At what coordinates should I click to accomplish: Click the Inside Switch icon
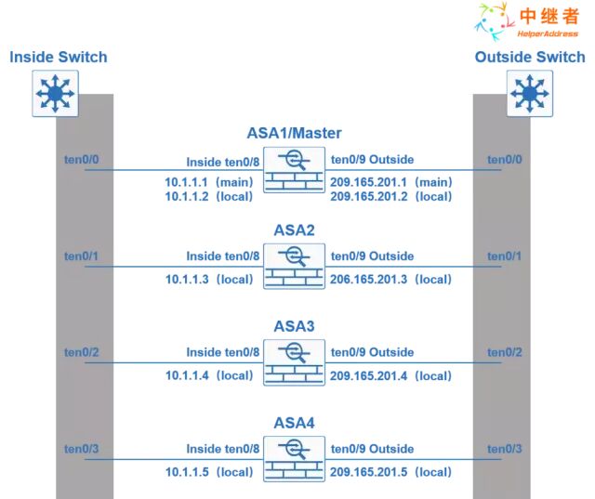(55, 93)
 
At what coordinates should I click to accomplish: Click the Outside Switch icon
(530, 93)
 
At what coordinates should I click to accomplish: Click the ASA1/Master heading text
(295, 133)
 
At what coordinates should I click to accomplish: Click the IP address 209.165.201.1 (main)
(390, 181)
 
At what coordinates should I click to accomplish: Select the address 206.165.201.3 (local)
(390, 279)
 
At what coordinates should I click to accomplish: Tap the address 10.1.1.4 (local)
(208, 375)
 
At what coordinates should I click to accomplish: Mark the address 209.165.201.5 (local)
(390, 472)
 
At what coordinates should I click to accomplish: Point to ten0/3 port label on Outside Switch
(505, 450)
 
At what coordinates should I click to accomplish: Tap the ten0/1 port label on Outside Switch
(505, 256)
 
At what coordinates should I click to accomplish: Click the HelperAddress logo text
(548, 33)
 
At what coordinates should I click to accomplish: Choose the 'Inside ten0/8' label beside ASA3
(222, 352)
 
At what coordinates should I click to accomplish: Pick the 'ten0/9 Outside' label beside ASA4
(372, 449)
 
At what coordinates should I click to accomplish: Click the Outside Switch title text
(530, 57)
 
